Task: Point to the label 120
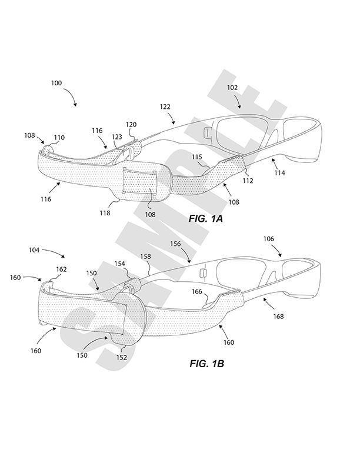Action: coord(131,125)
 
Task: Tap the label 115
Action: coord(198,157)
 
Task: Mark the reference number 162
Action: coord(61,269)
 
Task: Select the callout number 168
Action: coord(279,317)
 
